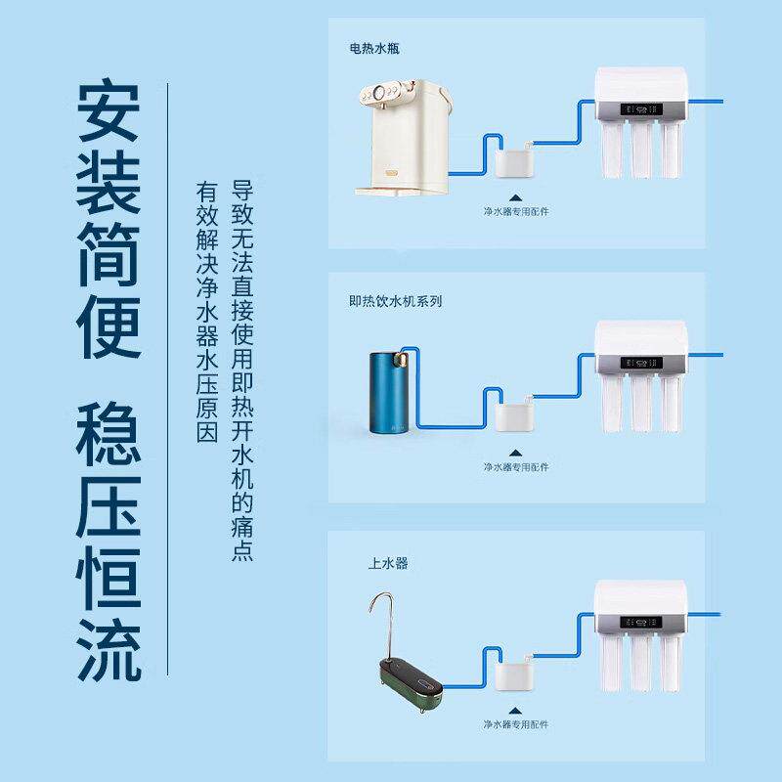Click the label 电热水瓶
(x=374, y=47)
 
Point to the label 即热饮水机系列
(x=396, y=301)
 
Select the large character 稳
(x=109, y=430)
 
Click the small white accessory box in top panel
(x=514, y=159)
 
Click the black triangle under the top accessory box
(x=515, y=194)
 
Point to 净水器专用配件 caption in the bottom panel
(x=515, y=724)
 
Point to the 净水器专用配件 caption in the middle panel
(x=515, y=467)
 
